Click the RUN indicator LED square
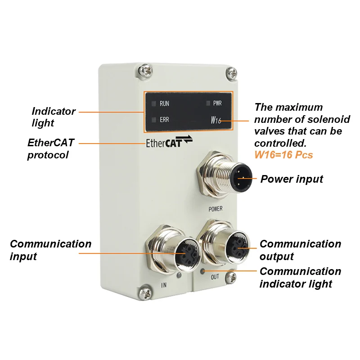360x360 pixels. [154, 103]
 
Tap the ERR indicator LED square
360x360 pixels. [154, 120]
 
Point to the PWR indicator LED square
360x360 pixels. [208, 103]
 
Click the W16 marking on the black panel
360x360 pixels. [216, 120]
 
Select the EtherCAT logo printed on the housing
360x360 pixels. [169, 141]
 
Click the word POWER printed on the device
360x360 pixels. [216, 209]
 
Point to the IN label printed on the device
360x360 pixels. [164, 285]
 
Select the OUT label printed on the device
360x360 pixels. [215, 277]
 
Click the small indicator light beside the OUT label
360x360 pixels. [202, 272]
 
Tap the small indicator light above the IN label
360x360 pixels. [179, 275]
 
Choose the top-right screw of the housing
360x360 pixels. [231, 73]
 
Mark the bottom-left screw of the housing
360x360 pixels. [145, 292]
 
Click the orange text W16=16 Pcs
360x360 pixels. [283, 155]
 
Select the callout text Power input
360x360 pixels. [292, 179]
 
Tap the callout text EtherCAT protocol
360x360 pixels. [51, 149]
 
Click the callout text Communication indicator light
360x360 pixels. [300, 278]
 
